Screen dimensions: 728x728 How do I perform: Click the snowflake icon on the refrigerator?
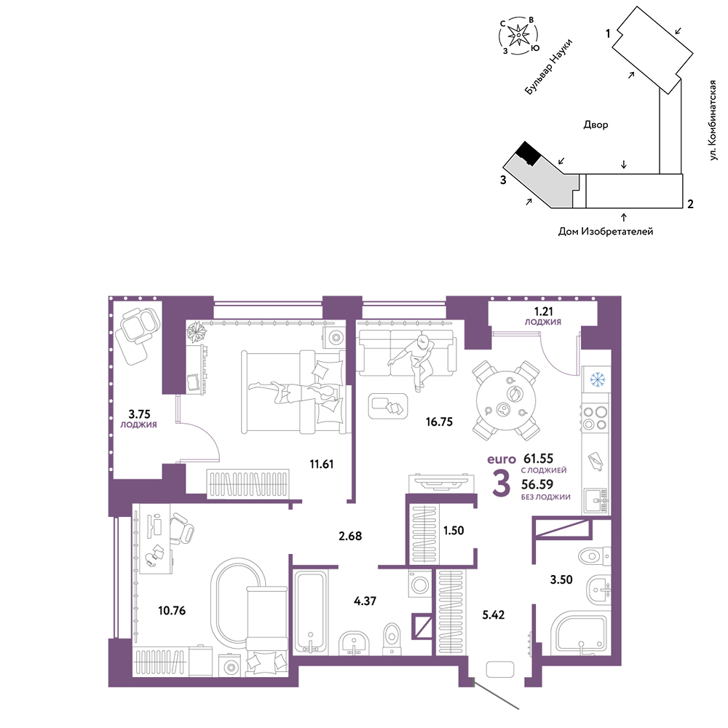(598, 379)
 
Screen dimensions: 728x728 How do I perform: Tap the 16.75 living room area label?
(439, 422)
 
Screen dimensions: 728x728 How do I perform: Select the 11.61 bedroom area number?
(321, 464)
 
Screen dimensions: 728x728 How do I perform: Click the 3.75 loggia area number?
(139, 414)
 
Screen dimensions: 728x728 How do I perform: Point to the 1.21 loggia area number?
(543, 311)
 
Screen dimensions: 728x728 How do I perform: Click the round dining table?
(506, 400)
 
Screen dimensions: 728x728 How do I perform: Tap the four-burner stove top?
(596, 418)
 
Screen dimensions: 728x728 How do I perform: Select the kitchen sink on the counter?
(596, 501)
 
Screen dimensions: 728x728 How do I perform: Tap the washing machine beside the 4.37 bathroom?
(420, 584)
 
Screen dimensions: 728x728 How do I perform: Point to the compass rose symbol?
(518, 35)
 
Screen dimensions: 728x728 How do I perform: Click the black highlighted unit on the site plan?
(528, 154)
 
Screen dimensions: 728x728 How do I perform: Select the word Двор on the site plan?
(596, 124)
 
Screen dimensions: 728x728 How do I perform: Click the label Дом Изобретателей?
(606, 232)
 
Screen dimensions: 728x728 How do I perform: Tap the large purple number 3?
(502, 483)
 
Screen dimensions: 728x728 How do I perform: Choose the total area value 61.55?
(538, 459)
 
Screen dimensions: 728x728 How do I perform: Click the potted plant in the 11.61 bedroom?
(196, 332)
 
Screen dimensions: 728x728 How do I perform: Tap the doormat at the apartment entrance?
(500, 670)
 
